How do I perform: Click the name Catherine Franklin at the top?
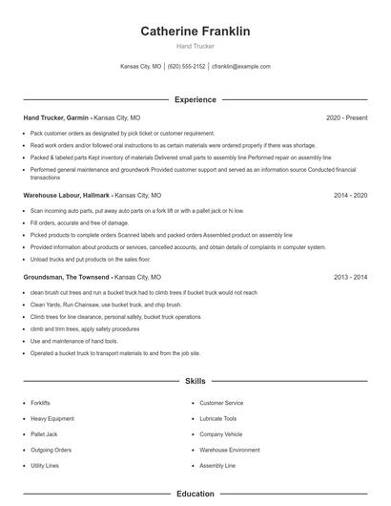coord(195,32)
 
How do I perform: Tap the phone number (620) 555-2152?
coord(186,67)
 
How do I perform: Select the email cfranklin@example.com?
coord(240,67)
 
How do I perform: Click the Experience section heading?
coord(195,99)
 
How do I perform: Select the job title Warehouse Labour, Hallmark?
coord(63,194)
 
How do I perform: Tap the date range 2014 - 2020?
coord(351,194)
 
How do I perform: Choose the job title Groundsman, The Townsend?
coord(62,276)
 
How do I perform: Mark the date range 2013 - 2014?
coord(351,276)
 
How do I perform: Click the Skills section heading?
coord(195,381)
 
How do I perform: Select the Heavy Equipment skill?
coord(51,418)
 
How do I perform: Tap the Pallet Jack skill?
coord(45,433)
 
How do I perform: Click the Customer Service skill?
coord(221,403)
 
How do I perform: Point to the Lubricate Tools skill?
coord(218,418)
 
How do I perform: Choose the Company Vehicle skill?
coord(221,433)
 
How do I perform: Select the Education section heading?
coord(195,494)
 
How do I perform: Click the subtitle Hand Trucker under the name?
coord(195,46)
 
